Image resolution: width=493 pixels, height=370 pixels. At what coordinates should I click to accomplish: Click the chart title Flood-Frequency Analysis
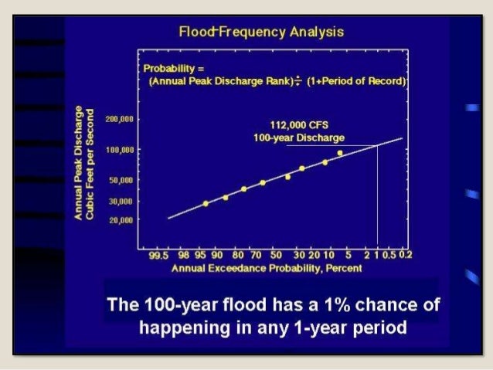click(261, 32)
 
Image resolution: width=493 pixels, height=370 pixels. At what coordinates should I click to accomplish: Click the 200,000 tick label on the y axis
click(120, 121)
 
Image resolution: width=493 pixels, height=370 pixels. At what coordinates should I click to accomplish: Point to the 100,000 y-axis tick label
click(120, 149)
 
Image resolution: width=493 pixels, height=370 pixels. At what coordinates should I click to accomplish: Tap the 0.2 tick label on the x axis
click(406, 253)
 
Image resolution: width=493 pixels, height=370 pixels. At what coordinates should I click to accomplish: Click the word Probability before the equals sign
click(169, 68)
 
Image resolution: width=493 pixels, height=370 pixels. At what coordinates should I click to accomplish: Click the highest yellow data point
click(340, 153)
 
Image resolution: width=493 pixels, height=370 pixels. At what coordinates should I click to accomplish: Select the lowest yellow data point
click(206, 204)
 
